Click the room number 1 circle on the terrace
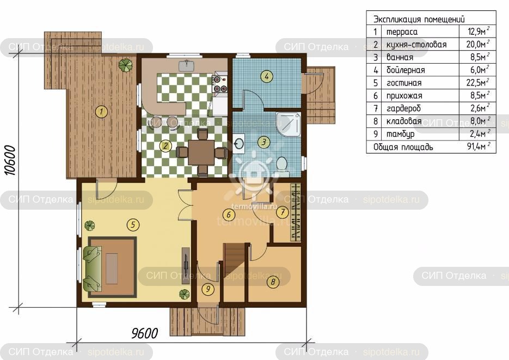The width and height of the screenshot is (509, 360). click(x=101, y=112)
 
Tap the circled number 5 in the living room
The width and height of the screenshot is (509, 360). click(x=133, y=224)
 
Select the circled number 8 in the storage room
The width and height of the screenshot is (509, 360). click(x=273, y=282)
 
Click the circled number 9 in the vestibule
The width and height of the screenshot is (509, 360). click(x=208, y=289)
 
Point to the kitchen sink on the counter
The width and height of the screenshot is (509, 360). click(x=187, y=65)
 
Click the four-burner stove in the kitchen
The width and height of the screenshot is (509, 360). click(x=219, y=83)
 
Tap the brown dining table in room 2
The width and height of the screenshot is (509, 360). click(x=201, y=152)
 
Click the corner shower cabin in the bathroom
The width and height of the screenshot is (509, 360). click(x=289, y=125)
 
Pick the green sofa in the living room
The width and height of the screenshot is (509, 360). click(x=93, y=269)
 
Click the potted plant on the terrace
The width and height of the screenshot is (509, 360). click(x=125, y=65)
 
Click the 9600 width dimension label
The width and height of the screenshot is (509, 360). click(x=145, y=333)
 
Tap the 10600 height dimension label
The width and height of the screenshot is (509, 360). click(x=10, y=161)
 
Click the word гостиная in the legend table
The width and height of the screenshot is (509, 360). click(x=404, y=83)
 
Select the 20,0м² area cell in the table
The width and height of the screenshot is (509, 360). click(x=477, y=44)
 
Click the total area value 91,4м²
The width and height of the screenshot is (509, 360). click(x=478, y=146)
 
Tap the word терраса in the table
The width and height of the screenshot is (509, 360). click(x=402, y=32)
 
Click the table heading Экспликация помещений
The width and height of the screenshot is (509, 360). click(x=419, y=19)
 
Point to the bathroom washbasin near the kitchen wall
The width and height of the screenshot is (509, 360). click(x=239, y=143)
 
